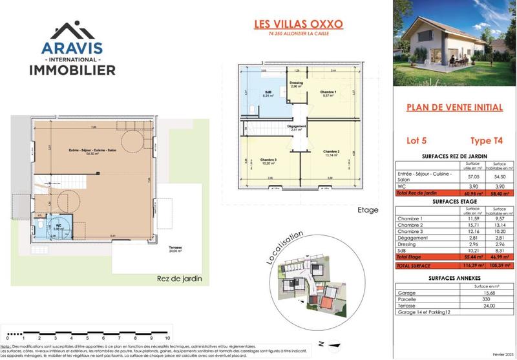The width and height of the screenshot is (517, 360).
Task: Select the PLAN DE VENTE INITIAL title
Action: click(x=450, y=109)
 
